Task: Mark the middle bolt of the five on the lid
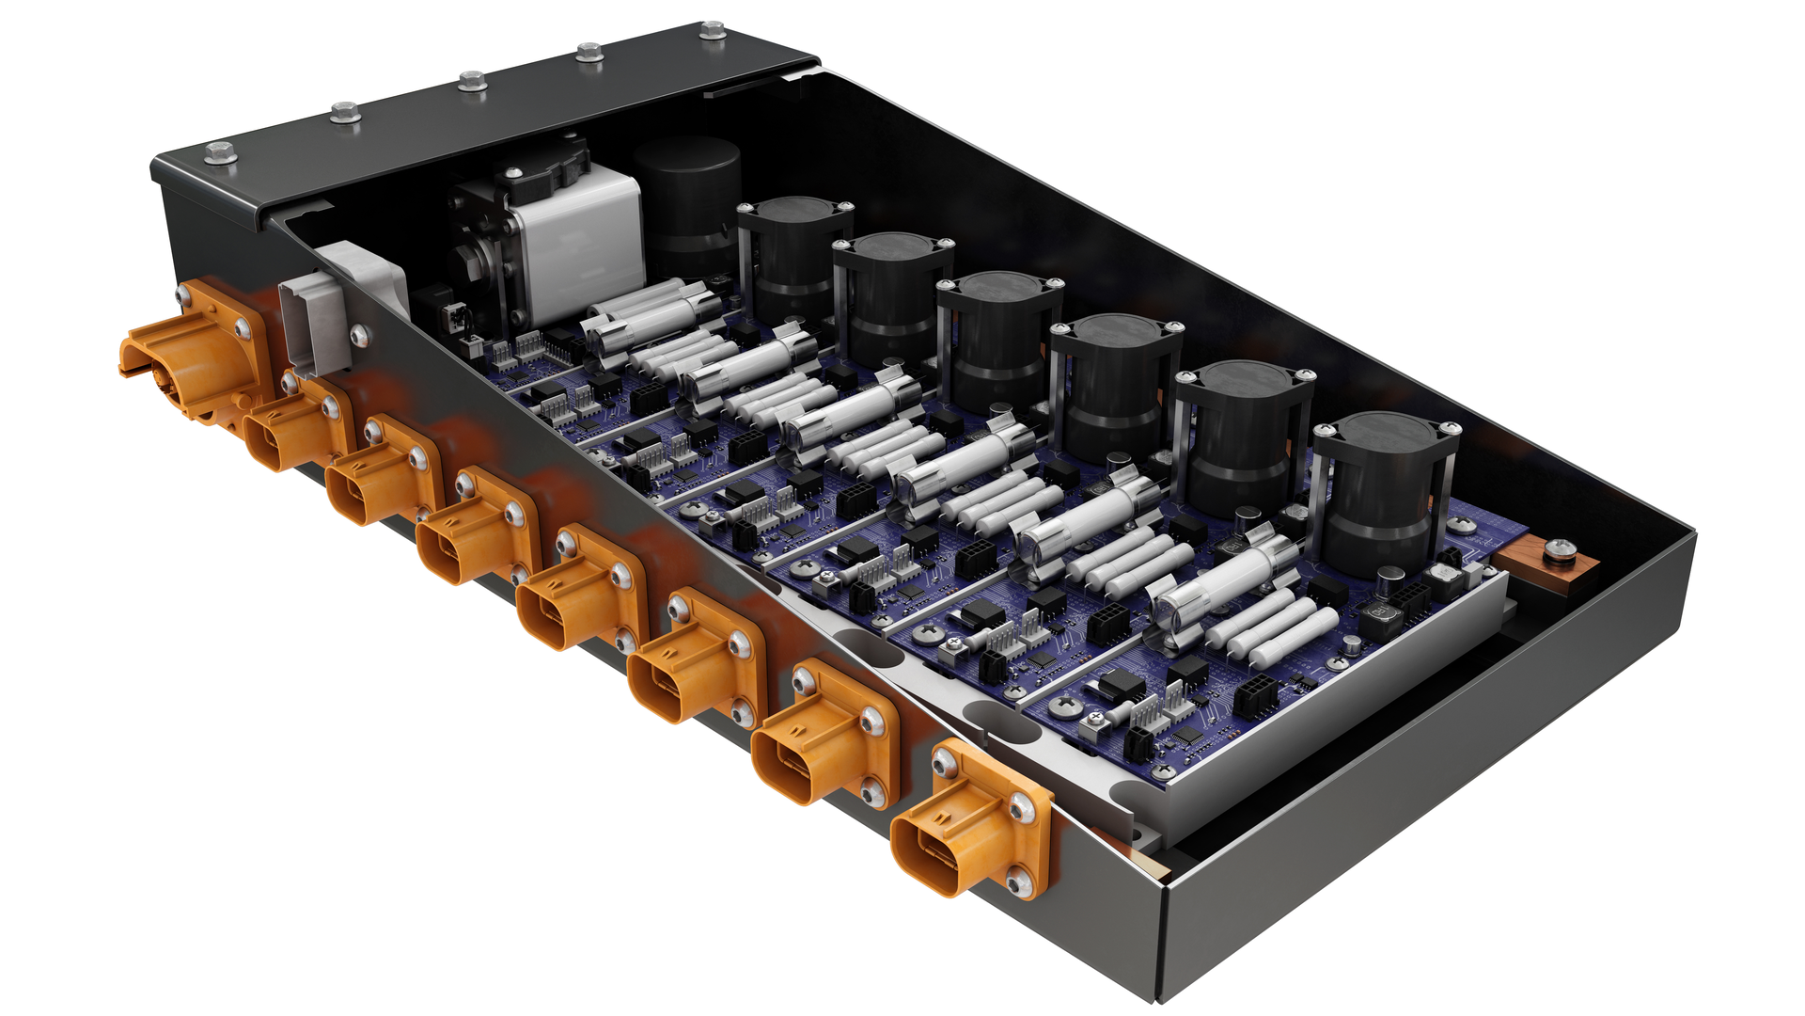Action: [473, 81]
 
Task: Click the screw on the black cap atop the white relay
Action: [513, 173]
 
